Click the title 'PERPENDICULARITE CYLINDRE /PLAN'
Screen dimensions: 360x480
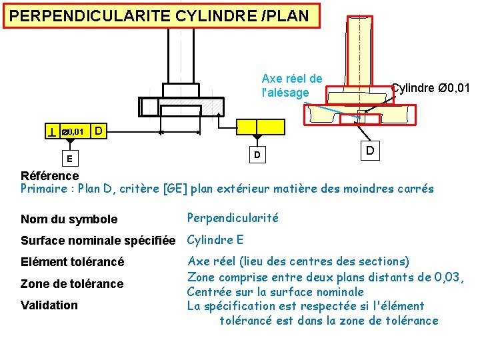(160, 16)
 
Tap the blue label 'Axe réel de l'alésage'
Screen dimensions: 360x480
(291, 86)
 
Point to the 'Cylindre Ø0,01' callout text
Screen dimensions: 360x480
(430, 87)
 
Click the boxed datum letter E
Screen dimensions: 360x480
(69, 159)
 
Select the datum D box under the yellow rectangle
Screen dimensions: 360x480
(256, 155)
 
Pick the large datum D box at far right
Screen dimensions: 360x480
(369, 151)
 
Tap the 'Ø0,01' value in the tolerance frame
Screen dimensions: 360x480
(73, 133)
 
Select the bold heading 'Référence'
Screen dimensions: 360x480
(49, 176)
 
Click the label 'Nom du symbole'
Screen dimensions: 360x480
(69, 219)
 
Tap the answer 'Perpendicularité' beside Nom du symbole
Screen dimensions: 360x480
(233, 218)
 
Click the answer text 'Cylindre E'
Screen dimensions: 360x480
(215, 240)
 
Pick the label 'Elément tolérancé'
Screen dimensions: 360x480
(73, 262)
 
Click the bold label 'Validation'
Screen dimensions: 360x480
(49, 305)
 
